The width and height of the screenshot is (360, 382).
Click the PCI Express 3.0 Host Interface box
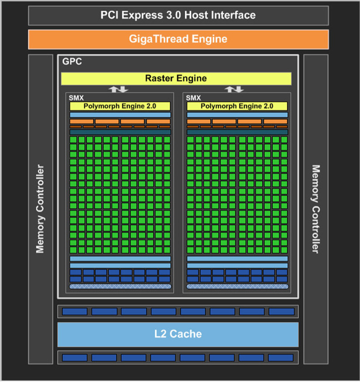point(178,15)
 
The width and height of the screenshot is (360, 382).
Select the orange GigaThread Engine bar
point(178,39)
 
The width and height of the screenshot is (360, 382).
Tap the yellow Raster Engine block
point(176,79)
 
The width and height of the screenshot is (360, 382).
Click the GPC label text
point(72,61)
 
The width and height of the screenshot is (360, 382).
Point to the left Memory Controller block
point(41,209)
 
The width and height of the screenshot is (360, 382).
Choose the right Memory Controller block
point(316,209)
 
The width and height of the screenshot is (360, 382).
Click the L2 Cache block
point(178,334)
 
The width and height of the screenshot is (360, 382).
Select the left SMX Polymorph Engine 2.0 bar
point(120,106)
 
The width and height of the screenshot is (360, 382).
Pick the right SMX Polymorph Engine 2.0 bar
point(237,106)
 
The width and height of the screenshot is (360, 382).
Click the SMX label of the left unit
point(76,98)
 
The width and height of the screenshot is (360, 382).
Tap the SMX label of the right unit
point(193,98)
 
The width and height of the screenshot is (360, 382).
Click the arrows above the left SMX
point(118,89)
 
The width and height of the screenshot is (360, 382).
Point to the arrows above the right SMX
point(234,89)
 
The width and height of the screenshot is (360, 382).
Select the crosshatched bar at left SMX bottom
point(120,286)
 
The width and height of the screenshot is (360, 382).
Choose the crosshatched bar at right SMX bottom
point(238,286)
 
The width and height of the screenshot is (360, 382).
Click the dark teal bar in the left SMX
point(120,132)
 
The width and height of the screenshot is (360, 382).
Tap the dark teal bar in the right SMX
point(238,132)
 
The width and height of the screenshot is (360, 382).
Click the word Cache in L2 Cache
point(186,334)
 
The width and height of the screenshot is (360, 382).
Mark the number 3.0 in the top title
point(173,15)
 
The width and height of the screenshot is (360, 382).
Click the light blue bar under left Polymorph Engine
point(120,115)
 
